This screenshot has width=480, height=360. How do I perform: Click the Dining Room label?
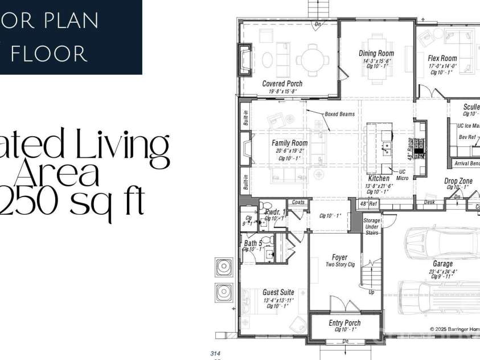tap(376, 54)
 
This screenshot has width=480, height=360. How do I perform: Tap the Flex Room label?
tap(442, 58)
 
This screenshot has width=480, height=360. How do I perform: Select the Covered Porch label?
tap(282, 84)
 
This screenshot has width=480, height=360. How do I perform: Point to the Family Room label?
tap(289, 143)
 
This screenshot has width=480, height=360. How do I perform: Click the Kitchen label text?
tap(378, 178)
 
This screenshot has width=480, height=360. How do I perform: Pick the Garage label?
tap(442, 264)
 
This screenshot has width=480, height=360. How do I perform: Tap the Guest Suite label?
tap(278, 292)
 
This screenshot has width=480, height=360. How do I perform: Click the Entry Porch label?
tap(344, 323)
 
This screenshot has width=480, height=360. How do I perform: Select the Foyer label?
tap(340, 257)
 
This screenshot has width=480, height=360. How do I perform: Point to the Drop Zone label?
tap(458, 181)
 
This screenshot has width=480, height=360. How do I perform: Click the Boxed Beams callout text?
tap(339, 114)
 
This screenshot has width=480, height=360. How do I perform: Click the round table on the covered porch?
tap(312, 59)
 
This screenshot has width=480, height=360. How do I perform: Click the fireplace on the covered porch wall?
tap(244, 59)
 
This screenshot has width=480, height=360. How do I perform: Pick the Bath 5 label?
tap(253, 244)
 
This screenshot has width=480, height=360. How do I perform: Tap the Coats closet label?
tap(298, 202)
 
